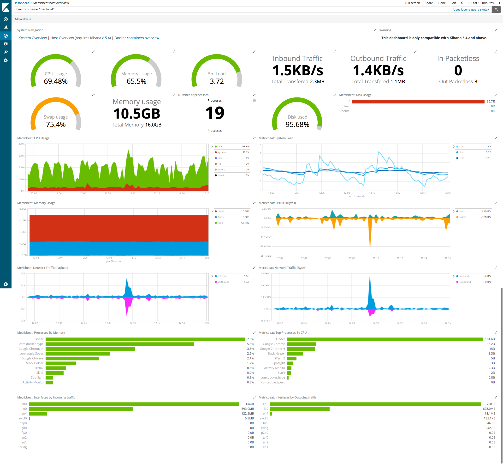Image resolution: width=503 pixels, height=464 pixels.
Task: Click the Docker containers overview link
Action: click(x=137, y=38)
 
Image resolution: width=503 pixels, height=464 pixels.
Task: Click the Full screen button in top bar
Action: click(x=412, y=3)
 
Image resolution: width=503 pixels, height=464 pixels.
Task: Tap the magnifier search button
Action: click(x=496, y=9)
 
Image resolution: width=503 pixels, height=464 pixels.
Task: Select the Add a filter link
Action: click(x=23, y=19)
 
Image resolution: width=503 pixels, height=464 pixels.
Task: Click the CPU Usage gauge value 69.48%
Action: click(x=56, y=81)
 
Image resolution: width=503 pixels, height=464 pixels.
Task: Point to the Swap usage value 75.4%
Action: click(x=56, y=125)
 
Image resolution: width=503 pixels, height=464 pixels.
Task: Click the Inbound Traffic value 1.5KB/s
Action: click(x=297, y=71)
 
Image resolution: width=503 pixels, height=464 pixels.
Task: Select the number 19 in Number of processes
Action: click(x=215, y=113)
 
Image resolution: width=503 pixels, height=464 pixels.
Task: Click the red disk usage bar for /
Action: click(x=418, y=102)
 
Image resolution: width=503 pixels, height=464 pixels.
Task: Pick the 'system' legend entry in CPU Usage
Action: click(x=222, y=152)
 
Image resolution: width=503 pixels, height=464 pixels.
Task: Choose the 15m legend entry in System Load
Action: click(x=462, y=158)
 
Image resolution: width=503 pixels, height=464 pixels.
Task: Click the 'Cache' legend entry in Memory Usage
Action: click(x=221, y=217)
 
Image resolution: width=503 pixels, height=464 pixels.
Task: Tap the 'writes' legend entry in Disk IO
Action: click(x=463, y=217)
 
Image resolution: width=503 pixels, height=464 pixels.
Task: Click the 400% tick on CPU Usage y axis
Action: click(x=22, y=144)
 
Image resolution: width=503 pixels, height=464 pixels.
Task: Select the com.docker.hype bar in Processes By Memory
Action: click(x=119, y=344)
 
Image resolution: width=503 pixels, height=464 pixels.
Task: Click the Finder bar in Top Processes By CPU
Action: click(x=385, y=339)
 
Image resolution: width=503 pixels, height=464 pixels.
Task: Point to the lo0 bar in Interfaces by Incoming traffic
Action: click(x=81, y=409)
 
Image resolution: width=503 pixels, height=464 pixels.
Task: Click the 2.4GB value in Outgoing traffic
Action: click(x=491, y=404)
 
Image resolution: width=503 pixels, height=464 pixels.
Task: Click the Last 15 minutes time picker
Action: click(x=480, y=3)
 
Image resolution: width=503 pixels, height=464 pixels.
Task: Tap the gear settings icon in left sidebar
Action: click(x=6, y=60)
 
